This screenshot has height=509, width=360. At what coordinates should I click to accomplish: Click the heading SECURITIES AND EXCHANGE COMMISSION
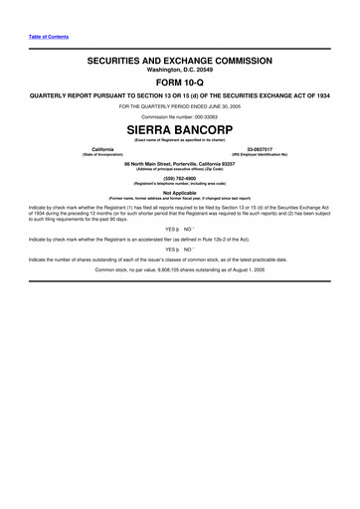[x=179, y=61]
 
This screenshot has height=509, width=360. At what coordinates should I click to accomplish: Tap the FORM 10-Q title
[x=179, y=84]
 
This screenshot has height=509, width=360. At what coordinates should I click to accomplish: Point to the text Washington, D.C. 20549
[x=179, y=71]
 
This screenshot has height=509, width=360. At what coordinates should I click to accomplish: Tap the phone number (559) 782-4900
[x=179, y=179]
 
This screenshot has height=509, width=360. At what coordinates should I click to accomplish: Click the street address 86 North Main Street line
[x=179, y=163]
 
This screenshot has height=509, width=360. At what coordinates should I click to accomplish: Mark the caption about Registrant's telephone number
[x=179, y=185]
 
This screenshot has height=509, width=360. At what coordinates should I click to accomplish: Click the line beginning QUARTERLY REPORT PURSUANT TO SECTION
[x=179, y=96]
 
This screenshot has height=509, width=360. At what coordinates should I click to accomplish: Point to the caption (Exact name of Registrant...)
[x=179, y=140]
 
